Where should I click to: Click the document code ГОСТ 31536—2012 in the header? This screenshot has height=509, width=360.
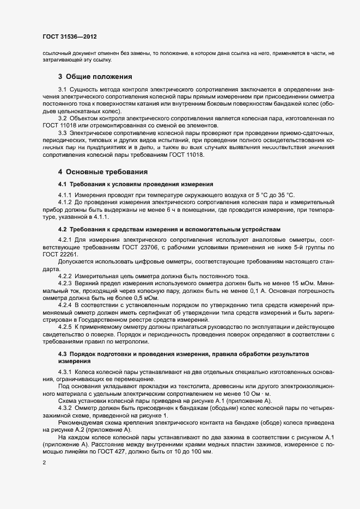70,36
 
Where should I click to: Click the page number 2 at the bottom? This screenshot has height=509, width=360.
44,463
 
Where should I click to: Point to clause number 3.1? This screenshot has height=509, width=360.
63,89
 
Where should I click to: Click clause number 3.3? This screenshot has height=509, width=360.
63,132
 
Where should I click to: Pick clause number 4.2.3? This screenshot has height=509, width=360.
65,283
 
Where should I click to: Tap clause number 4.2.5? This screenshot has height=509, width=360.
65,320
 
